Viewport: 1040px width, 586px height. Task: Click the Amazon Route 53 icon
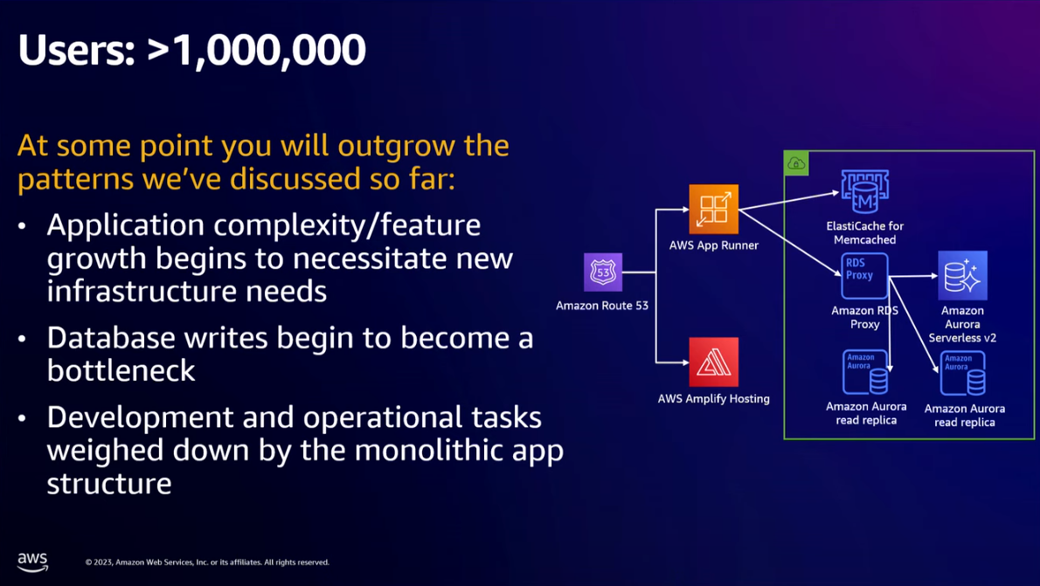pos(603,272)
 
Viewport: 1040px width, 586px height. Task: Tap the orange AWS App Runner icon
pos(714,210)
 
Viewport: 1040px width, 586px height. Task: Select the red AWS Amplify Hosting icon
pos(714,362)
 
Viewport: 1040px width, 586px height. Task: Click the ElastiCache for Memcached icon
pos(865,191)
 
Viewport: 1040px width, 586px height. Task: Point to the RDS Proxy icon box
pos(865,276)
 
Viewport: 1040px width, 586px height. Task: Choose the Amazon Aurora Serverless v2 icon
pos(962,276)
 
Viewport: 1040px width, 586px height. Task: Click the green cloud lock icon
pos(796,163)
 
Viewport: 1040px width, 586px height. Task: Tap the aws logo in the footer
pos(32,562)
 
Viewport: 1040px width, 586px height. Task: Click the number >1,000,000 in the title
pos(256,51)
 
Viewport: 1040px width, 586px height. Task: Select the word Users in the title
pos(76,51)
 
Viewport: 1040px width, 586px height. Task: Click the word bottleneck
pos(121,370)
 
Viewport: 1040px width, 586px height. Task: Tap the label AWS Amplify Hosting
pos(714,399)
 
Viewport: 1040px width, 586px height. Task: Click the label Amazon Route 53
pos(602,306)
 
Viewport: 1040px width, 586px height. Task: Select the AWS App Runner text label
pos(714,245)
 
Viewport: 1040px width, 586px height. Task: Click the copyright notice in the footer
pos(207,562)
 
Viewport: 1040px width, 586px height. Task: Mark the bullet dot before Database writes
pos(23,340)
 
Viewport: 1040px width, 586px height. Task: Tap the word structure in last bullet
pos(109,483)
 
